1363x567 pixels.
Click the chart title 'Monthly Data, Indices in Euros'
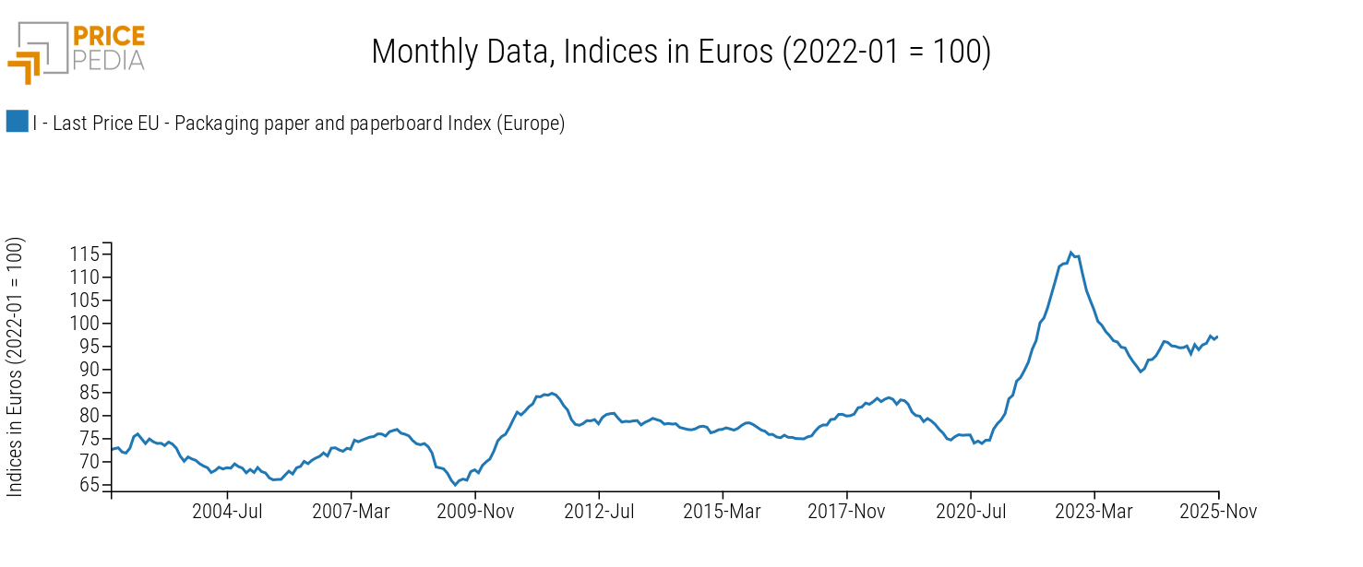(681, 52)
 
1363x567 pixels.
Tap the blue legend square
(17, 122)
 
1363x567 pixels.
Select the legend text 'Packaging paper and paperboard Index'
(298, 123)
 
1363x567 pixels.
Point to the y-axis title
(16, 367)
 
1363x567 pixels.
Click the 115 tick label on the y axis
(86, 254)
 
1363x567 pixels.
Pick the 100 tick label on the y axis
(86, 323)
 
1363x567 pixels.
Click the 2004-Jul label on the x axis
(228, 512)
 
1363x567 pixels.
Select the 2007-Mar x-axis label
(352, 512)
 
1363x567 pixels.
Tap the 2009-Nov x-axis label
(475, 512)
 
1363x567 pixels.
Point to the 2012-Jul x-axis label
(599, 512)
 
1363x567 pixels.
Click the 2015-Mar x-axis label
(723, 512)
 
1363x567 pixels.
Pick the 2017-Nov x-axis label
(846, 512)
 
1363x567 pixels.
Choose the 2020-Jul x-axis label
(971, 512)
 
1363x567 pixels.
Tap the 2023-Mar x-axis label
(1094, 512)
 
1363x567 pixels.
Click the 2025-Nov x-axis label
(1218, 512)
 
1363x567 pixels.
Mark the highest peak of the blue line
(1070, 252)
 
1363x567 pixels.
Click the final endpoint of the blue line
(1218, 337)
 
